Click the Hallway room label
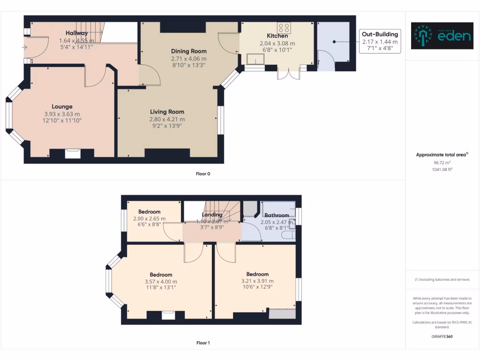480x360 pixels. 76,33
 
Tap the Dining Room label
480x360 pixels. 188,51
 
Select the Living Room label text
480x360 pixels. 167,112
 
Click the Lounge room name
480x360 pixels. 62,106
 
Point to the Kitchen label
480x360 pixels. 277,36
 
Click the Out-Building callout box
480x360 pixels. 380,41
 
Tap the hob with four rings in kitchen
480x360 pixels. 283,27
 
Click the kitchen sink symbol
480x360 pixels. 255,59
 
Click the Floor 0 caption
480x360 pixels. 203,174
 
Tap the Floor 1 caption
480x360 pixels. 203,343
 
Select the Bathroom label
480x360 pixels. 277,215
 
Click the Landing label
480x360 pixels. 212,215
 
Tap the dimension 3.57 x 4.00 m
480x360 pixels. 161,281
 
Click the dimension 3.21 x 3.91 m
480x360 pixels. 257,281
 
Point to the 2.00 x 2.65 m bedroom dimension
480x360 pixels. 149,218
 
